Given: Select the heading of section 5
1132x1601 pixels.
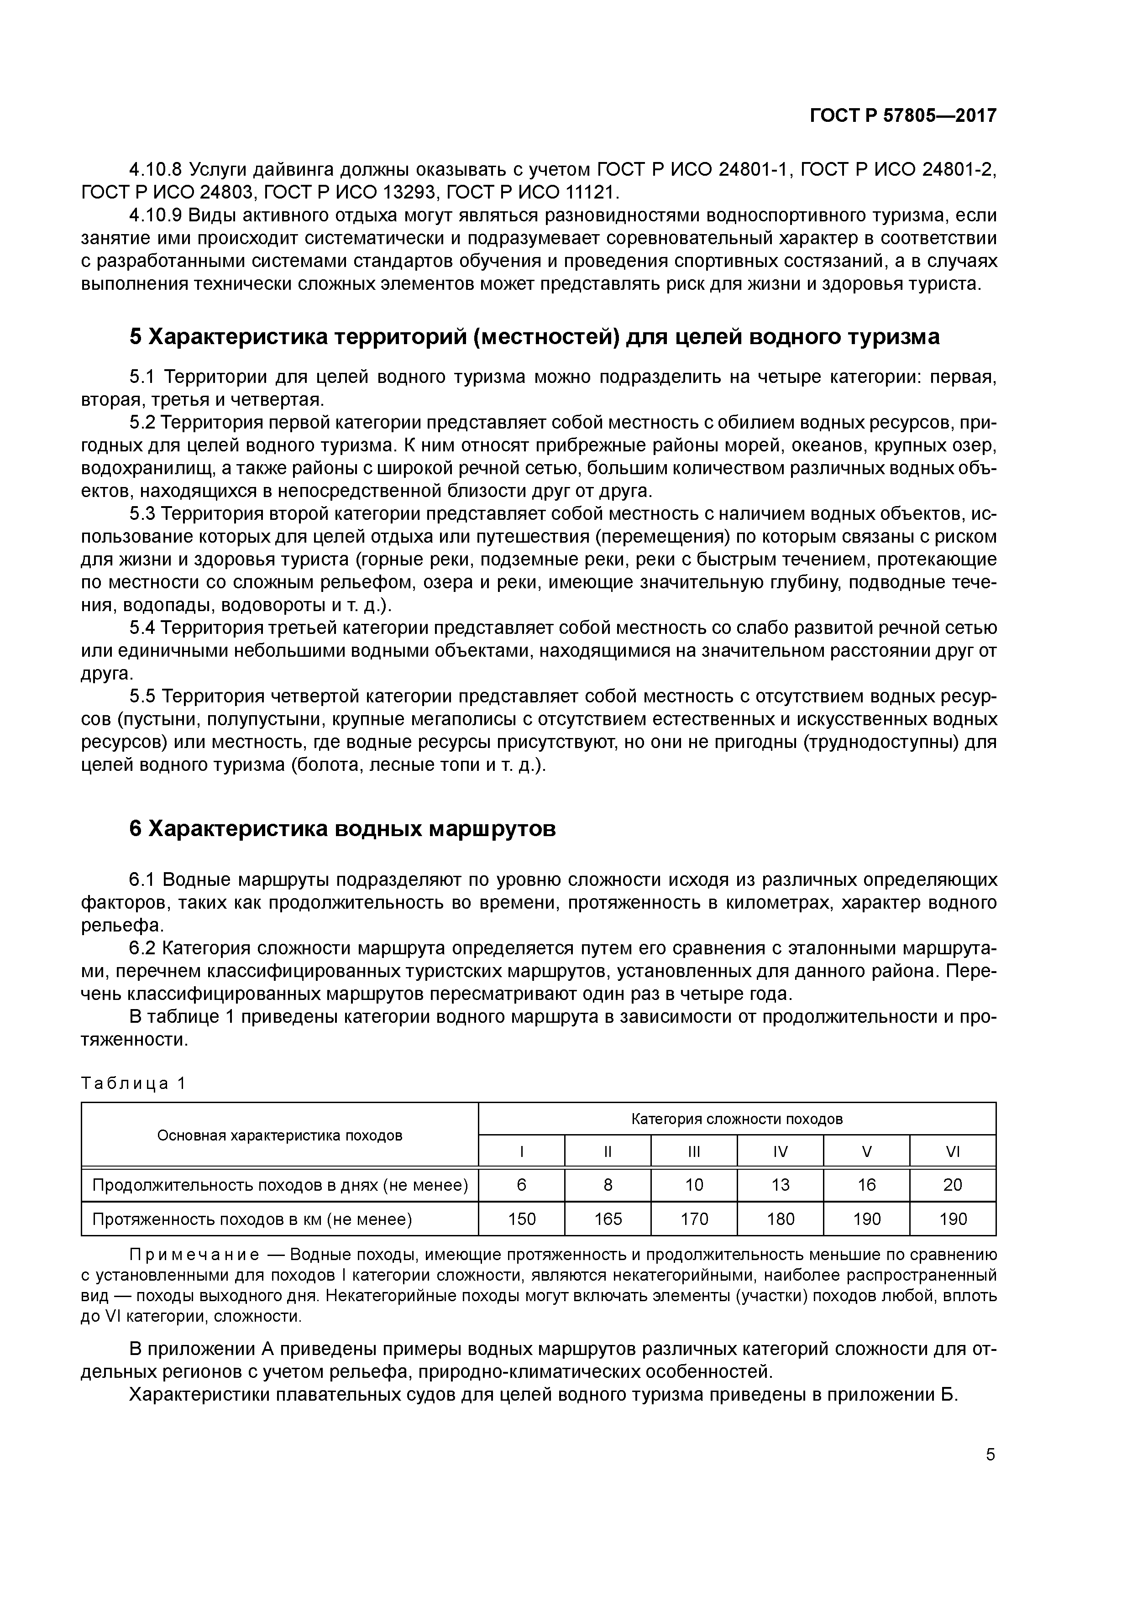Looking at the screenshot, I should coord(534,337).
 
